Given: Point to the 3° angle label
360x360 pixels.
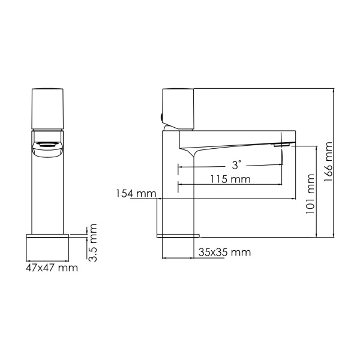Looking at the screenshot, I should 237,164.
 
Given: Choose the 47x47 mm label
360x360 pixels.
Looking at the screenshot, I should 52,268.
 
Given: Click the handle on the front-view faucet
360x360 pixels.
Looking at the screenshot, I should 49,109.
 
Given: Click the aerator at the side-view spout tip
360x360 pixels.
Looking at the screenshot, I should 281,145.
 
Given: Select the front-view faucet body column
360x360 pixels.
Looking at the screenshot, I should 49,192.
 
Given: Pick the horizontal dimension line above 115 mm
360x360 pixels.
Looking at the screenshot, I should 231,184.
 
